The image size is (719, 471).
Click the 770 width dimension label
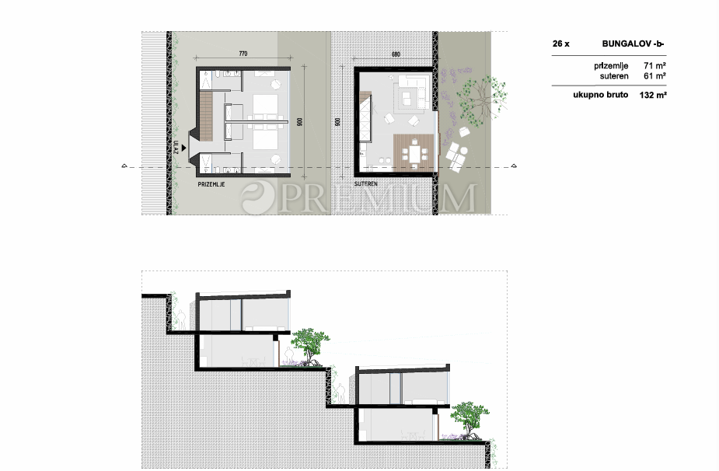point(243,54)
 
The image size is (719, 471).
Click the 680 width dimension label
point(396,54)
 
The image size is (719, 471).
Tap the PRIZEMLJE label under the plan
point(211,184)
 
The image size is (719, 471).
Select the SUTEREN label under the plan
point(366,184)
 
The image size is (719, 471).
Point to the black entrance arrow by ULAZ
point(184,148)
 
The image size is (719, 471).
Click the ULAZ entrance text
point(176,147)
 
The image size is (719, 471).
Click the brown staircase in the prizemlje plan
point(206,116)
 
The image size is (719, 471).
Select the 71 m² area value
point(654,65)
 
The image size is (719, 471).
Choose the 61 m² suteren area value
point(654,76)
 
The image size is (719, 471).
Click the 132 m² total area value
point(653,95)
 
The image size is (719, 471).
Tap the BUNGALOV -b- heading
point(633,44)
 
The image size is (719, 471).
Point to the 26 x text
point(560,44)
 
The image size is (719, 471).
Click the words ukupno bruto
point(600,95)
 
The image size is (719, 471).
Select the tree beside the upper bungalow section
point(310,347)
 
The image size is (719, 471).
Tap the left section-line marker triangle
point(124,166)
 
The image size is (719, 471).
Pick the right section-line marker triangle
point(514,166)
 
